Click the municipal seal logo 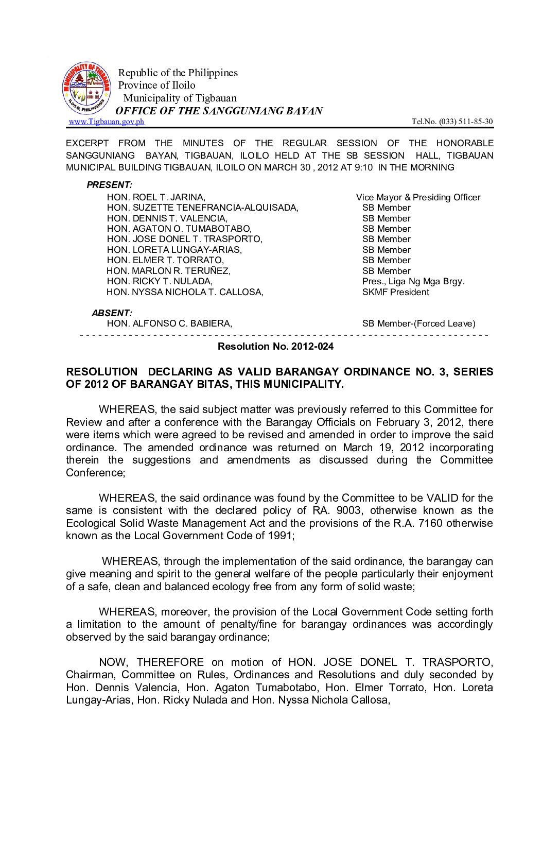pyautogui.click(x=86, y=89)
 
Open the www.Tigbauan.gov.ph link pyautogui.click(x=107, y=122)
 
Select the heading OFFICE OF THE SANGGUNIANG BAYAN pyautogui.click(x=219, y=111)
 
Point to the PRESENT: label pyautogui.click(x=109, y=185)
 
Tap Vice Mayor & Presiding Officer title pyautogui.click(x=418, y=197)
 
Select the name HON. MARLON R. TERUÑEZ pyautogui.click(x=168, y=271)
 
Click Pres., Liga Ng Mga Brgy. pyautogui.click(x=413, y=281)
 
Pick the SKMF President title pyautogui.click(x=395, y=292)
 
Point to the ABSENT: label pyautogui.click(x=112, y=313)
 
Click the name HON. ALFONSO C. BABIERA pyautogui.click(x=169, y=323)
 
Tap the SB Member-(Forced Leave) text pyautogui.click(x=418, y=323)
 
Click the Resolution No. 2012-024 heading pyautogui.click(x=275, y=346)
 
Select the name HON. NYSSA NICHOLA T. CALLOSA pyautogui.click(x=185, y=292)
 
